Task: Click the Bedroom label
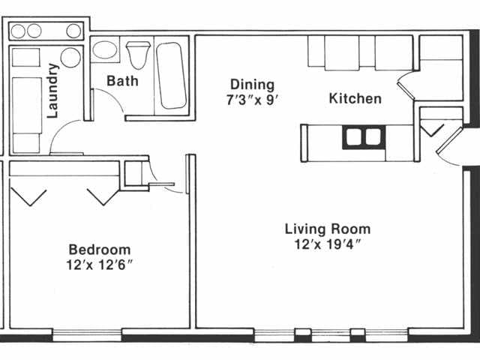[x=99, y=249]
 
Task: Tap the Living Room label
[x=327, y=229]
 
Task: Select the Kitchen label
[x=355, y=98]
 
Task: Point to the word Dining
[x=252, y=85]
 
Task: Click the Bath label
[x=121, y=80]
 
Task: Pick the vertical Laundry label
[x=53, y=91]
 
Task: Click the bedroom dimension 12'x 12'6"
[x=99, y=264]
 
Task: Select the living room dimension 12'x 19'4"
[x=327, y=244]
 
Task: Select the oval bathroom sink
[x=103, y=51]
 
